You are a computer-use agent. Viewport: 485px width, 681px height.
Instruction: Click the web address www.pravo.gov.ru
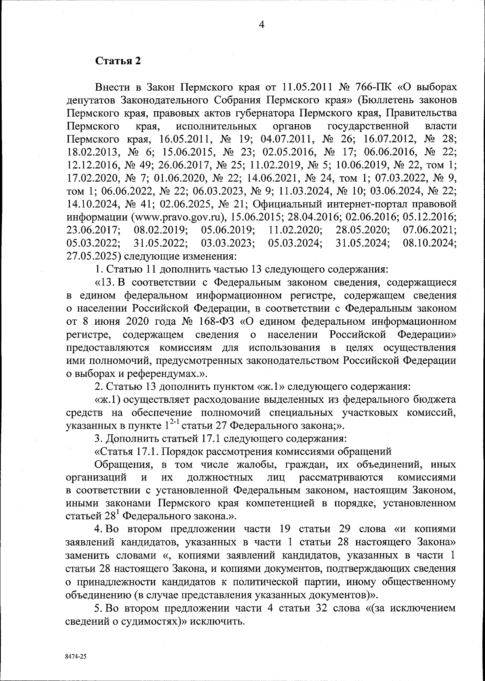(x=177, y=216)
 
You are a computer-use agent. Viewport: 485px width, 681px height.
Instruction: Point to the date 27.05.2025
(x=92, y=256)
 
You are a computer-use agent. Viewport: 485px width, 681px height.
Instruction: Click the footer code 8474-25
(x=76, y=657)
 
